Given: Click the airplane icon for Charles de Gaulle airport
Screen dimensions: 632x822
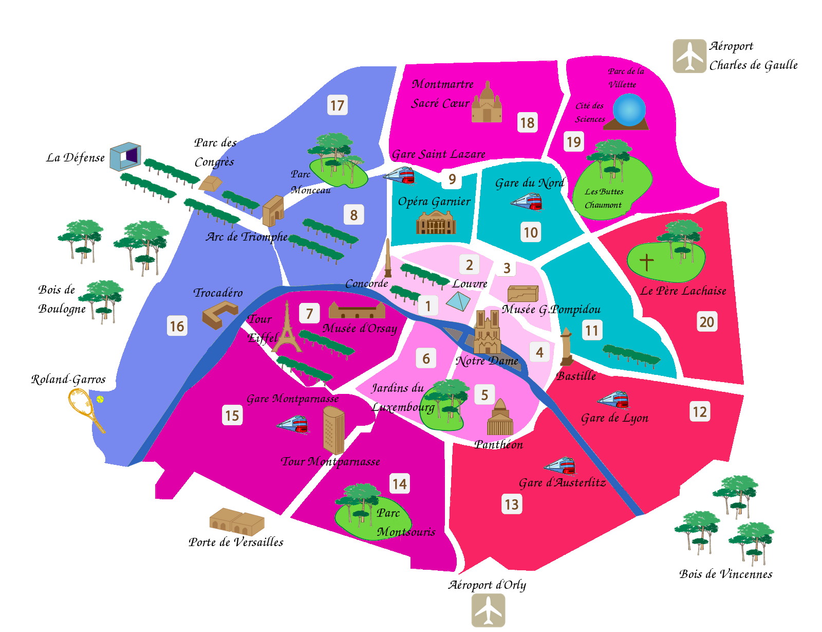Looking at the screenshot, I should click(689, 56).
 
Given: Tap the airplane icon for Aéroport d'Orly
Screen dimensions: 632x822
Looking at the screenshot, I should click(488, 610).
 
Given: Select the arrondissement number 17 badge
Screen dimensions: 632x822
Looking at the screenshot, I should click(337, 105).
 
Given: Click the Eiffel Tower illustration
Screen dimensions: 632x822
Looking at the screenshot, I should click(287, 329).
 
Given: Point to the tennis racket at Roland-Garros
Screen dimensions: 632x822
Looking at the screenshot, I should click(85, 409).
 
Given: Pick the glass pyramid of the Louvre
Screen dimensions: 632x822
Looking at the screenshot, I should click(458, 301).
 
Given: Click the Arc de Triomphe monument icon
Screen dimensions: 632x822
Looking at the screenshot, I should click(273, 210).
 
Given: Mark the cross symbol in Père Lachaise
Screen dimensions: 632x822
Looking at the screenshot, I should click(646, 262).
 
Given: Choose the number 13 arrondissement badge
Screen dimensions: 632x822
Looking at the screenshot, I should click(512, 504).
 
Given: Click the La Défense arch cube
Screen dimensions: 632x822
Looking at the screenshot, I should click(125, 156).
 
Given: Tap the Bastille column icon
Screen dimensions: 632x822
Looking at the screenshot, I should click(566, 347).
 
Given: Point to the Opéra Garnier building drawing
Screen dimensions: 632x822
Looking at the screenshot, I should click(436, 223).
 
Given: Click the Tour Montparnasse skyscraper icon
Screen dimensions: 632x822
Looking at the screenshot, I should click(333, 430).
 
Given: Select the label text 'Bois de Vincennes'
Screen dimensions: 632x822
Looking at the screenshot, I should click(725, 574).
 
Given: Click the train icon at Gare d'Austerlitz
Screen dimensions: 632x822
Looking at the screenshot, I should click(561, 466).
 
